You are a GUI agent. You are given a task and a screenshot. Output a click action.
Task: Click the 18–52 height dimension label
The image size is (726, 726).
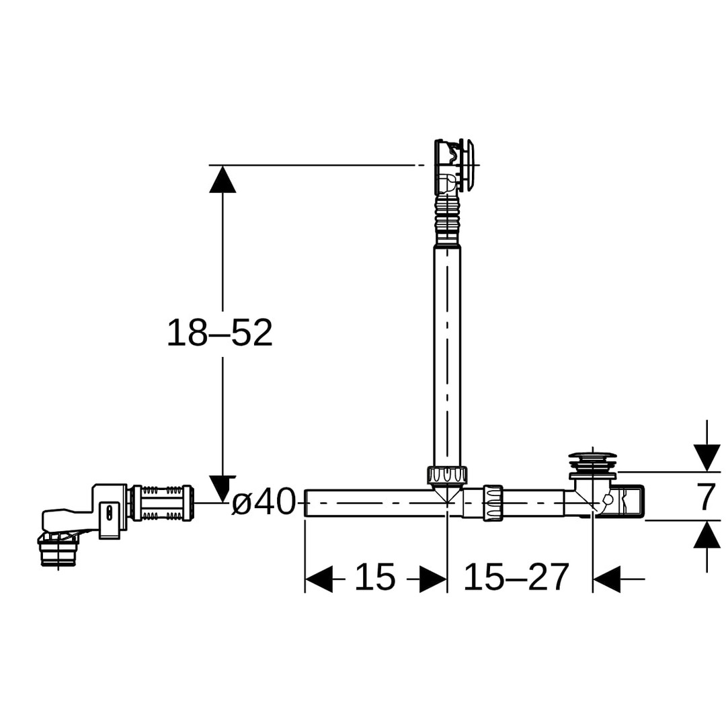pos(219,333)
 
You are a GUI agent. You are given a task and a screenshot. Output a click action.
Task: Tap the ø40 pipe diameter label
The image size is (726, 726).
pos(263,502)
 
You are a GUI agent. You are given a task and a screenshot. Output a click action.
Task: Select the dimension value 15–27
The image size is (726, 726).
pos(516,577)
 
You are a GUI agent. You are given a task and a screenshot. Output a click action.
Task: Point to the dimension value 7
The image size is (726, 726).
pos(706,496)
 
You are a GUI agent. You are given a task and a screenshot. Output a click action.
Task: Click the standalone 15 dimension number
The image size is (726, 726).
pos(375,577)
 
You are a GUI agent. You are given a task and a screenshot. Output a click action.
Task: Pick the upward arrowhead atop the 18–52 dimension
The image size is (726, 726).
pos(223,179)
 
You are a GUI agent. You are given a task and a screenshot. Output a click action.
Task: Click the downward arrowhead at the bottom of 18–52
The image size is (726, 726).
pos(223,489)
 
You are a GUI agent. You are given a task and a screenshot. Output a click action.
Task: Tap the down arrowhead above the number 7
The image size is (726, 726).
pos(707,458)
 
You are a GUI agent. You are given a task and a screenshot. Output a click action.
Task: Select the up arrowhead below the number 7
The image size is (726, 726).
pos(707,534)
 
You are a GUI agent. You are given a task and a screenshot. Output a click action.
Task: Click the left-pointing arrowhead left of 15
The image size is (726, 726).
pos(319,579)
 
